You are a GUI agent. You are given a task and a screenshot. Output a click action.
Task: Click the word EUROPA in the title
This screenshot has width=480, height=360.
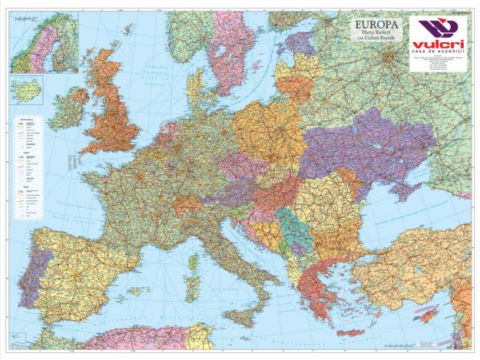pos(373,25)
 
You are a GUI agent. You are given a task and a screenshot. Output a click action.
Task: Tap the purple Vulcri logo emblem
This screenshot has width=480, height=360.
pos(437,29)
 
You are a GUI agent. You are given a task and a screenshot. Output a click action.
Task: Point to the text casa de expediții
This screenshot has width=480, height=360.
pos(437,52)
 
